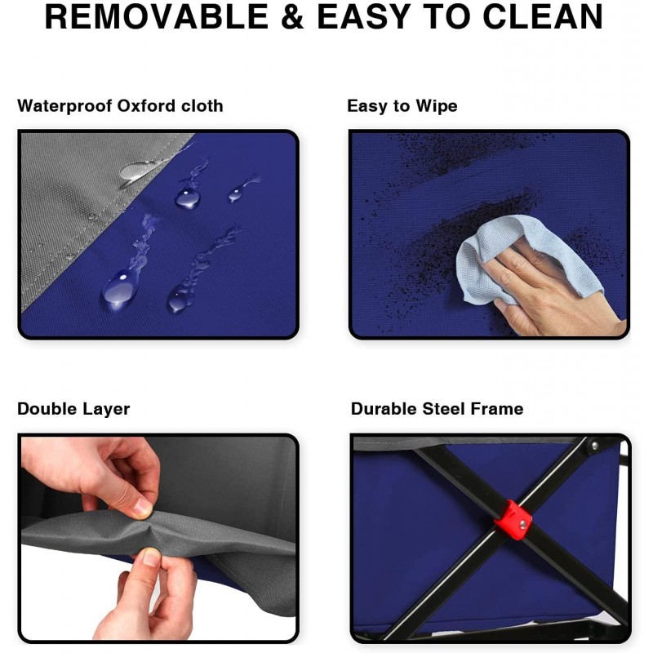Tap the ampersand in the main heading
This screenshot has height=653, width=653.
[x=292, y=16]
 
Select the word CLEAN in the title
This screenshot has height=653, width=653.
[x=543, y=16]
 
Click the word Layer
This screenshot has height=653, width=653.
[x=106, y=410]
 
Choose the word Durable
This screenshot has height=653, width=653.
[x=384, y=409]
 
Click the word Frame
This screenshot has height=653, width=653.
[x=497, y=409]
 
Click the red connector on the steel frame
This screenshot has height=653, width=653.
[x=513, y=519]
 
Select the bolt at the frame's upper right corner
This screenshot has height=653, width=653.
[x=594, y=446]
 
